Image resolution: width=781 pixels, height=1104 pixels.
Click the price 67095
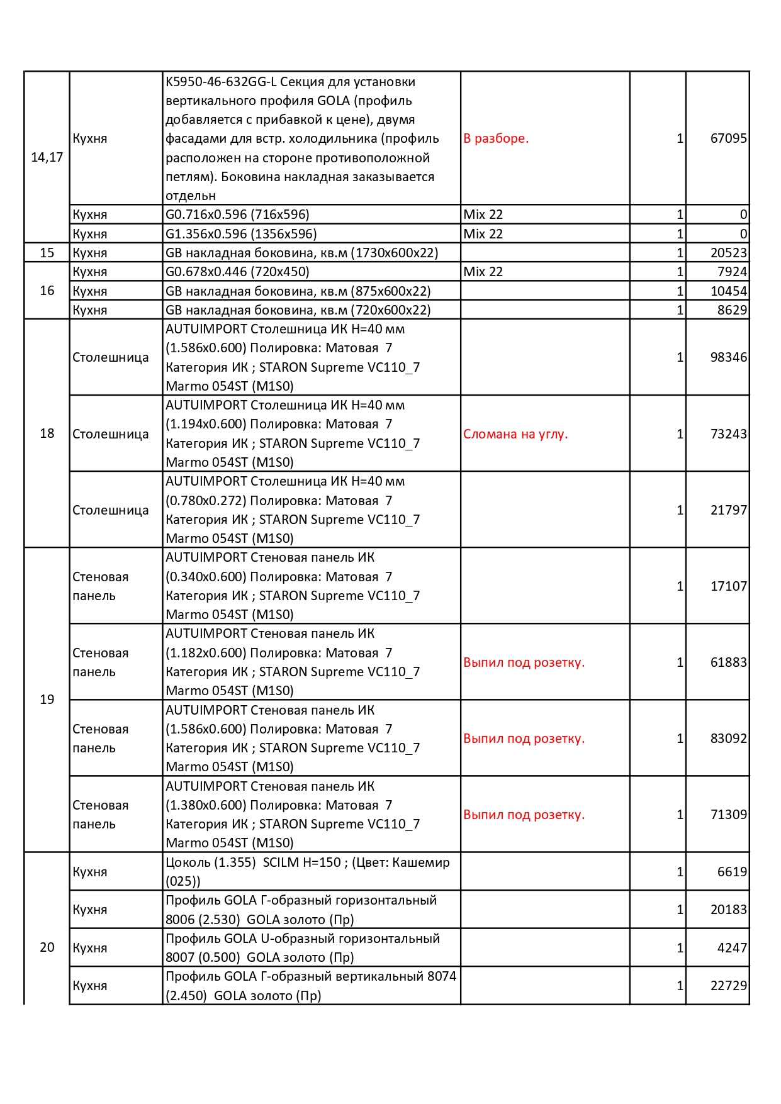coord(728,138)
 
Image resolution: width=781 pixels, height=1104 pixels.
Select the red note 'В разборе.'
coord(496,138)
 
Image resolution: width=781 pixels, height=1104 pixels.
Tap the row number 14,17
coord(47,157)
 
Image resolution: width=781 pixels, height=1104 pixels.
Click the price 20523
coord(728,253)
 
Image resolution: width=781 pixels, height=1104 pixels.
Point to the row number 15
coord(47,253)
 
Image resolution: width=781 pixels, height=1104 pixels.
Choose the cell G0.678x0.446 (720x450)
coord(237,272)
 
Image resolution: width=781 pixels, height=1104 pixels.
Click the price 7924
coord(732,272)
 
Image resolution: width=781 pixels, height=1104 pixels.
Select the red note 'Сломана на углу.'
coord(515,434)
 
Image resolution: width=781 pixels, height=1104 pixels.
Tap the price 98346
coord(728,357)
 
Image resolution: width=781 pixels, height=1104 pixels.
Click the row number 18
coord(47,433)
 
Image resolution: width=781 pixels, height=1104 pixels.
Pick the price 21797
coord(728,510)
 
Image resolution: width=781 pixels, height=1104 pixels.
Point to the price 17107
coord(728,586)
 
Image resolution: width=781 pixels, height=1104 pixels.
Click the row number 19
coord(47,700)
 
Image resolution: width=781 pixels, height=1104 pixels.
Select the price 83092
coord(728,739)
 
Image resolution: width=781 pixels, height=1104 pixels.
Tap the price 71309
coord(728,815)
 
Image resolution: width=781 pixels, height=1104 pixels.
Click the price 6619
coord(732,872)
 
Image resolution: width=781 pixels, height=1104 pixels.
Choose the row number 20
coord(47,947)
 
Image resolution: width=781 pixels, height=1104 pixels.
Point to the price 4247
coord(732,948)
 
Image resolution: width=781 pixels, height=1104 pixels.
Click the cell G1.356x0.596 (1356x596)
coord(241,234)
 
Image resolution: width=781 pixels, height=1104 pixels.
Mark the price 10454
coord(728,291)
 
